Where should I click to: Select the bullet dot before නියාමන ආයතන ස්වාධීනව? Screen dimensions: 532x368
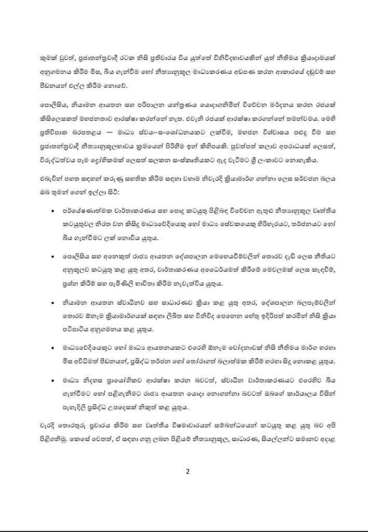point(57,301)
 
